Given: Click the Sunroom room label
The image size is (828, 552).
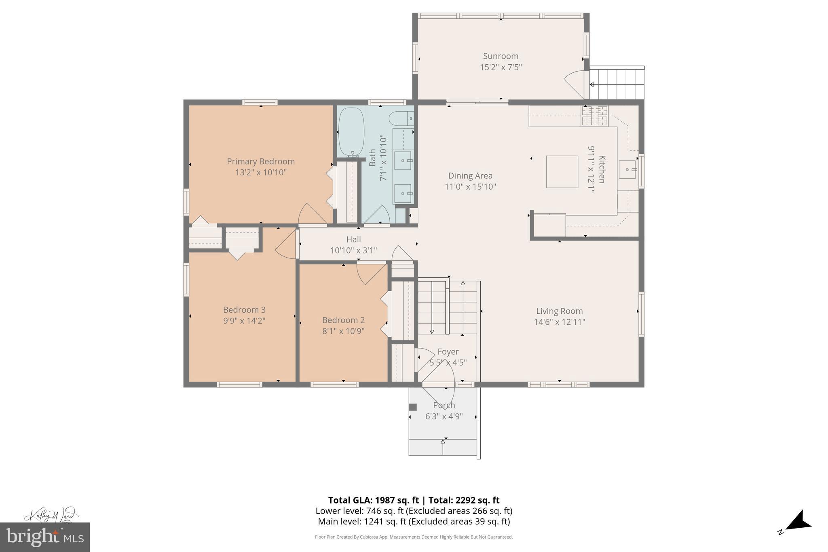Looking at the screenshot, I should (501, 56).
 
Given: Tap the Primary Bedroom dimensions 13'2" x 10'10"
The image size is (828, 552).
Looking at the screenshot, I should (261, 173).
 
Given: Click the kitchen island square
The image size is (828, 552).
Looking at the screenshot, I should (562, 172).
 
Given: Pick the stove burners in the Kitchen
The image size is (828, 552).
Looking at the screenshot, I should (595, 115).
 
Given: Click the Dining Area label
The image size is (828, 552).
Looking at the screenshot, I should (470, 176).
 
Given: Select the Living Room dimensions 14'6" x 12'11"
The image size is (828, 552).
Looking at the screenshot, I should (560, 322).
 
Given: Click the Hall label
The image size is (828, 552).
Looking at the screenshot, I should (353, 239).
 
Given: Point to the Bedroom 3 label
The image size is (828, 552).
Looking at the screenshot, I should (244, 310).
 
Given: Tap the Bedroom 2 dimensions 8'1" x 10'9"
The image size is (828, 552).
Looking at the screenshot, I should (343, 331).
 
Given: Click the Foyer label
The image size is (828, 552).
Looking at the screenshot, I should (448, 352).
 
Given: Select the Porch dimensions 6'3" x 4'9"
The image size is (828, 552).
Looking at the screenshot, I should (444, 416).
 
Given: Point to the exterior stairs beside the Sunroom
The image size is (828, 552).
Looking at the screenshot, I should (616, 84).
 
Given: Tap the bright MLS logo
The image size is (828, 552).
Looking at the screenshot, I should (44, 537).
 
